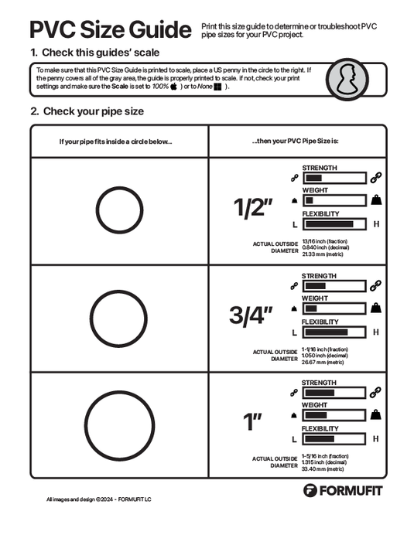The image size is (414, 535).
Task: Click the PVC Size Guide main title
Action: [110, 29]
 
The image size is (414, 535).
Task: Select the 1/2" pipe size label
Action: [254, 208]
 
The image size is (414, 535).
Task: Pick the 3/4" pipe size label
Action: [252, 315]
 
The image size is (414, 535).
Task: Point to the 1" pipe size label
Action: [254, 422]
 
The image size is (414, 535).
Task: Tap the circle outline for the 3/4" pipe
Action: [118, 318]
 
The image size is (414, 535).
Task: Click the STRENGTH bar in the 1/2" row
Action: [334, 178]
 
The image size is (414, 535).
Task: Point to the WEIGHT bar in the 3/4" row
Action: [334, 308]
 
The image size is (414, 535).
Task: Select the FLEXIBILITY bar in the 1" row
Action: [334, 438]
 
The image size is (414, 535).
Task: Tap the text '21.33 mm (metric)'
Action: [324, 254]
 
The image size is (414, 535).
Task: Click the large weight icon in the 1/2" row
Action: [375, 201]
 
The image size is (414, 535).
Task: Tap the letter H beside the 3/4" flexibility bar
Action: [376, 332]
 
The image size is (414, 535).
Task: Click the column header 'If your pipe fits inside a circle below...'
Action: [116, 141]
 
